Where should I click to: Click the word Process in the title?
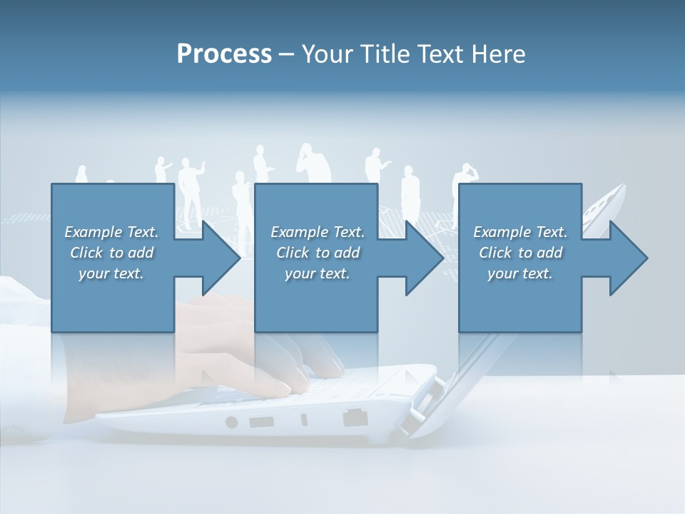coord(224,54)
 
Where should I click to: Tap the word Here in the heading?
coord(499,54)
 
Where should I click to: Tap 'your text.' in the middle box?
coord(317,273)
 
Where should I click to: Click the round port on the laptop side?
coord(231,422)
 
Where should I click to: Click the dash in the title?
coord(286,54)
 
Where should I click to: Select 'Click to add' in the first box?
coord(112,253)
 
